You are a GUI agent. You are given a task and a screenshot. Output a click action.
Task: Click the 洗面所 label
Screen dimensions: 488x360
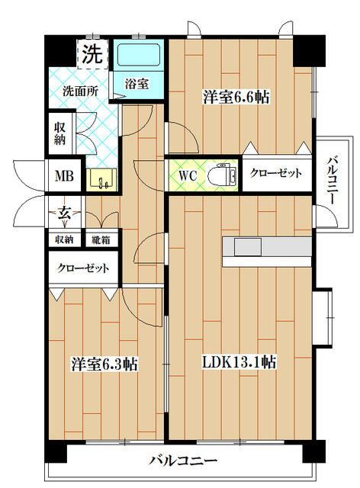click(x=80, y=91)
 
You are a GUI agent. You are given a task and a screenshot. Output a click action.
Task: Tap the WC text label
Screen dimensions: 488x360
click(x=188, y=175)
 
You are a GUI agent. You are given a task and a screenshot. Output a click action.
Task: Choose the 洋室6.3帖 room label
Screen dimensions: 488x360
click(x=104, y=364)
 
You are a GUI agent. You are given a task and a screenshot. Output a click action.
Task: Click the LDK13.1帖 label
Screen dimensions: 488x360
click(x=238, y=364)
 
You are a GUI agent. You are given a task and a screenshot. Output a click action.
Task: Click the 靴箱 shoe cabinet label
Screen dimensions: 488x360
click(x=100, y=239)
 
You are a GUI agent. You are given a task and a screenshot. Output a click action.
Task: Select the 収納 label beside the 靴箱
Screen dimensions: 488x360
click(x=64, y=239)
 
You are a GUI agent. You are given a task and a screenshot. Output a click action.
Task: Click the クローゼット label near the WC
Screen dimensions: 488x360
click(x=276, y=174)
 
